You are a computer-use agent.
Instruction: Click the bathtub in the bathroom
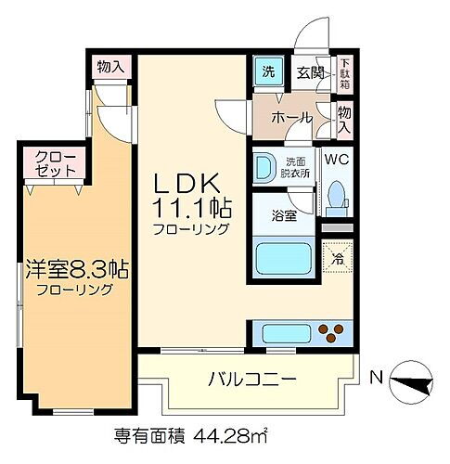click(x=281, y=256)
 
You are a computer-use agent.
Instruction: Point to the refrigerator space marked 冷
click(x=337, y=256)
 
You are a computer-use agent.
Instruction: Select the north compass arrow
click(x=412, y=380)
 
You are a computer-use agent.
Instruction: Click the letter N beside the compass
click(x=376, y=378)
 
